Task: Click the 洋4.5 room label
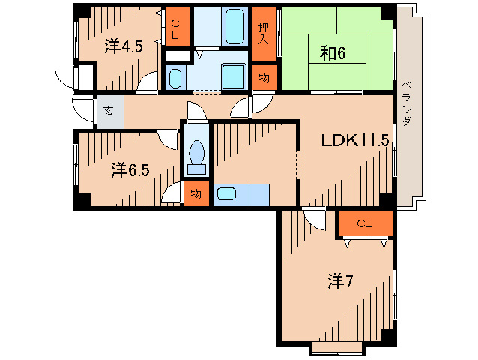tap(123, 46)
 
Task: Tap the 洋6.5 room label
tap(130, 169)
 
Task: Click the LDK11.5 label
tap(355, 139)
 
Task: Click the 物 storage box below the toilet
tap(196, 194)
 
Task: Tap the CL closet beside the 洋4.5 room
tap(175, 29)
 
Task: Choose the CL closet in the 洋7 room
tap(364, 223)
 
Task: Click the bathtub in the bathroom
tap(226, 26)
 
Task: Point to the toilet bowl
tap(197, 156)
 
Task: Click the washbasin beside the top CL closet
tap(175, 76)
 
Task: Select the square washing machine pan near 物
tap(235, 75)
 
